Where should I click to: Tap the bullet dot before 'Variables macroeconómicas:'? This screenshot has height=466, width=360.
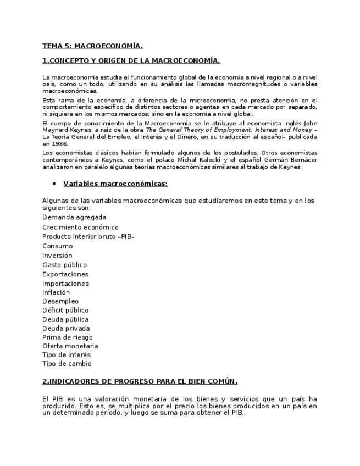click(54, 184)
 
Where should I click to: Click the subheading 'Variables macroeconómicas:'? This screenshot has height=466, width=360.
click(115, 184)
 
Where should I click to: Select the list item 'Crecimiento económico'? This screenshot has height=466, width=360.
click(80, 227)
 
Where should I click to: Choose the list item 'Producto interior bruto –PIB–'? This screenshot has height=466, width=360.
click(88, 236)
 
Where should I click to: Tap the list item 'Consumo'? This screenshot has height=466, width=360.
click(57, 246)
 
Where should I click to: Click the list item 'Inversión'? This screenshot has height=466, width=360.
click(57, 256)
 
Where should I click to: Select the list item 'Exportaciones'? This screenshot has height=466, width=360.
click(65, 274)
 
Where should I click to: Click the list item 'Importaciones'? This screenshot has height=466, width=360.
click(65, 284)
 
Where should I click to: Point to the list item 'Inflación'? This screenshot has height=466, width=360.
click(56, 292)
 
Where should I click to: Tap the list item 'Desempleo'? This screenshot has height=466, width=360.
click(60, 301)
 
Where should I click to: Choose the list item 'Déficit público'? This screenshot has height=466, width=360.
click(65, 310)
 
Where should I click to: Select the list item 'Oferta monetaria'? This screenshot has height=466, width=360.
click(70, 346)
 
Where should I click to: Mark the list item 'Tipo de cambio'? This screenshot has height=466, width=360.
click(67, 364)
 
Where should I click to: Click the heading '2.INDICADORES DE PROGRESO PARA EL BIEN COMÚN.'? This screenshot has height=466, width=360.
click(140, 381)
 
